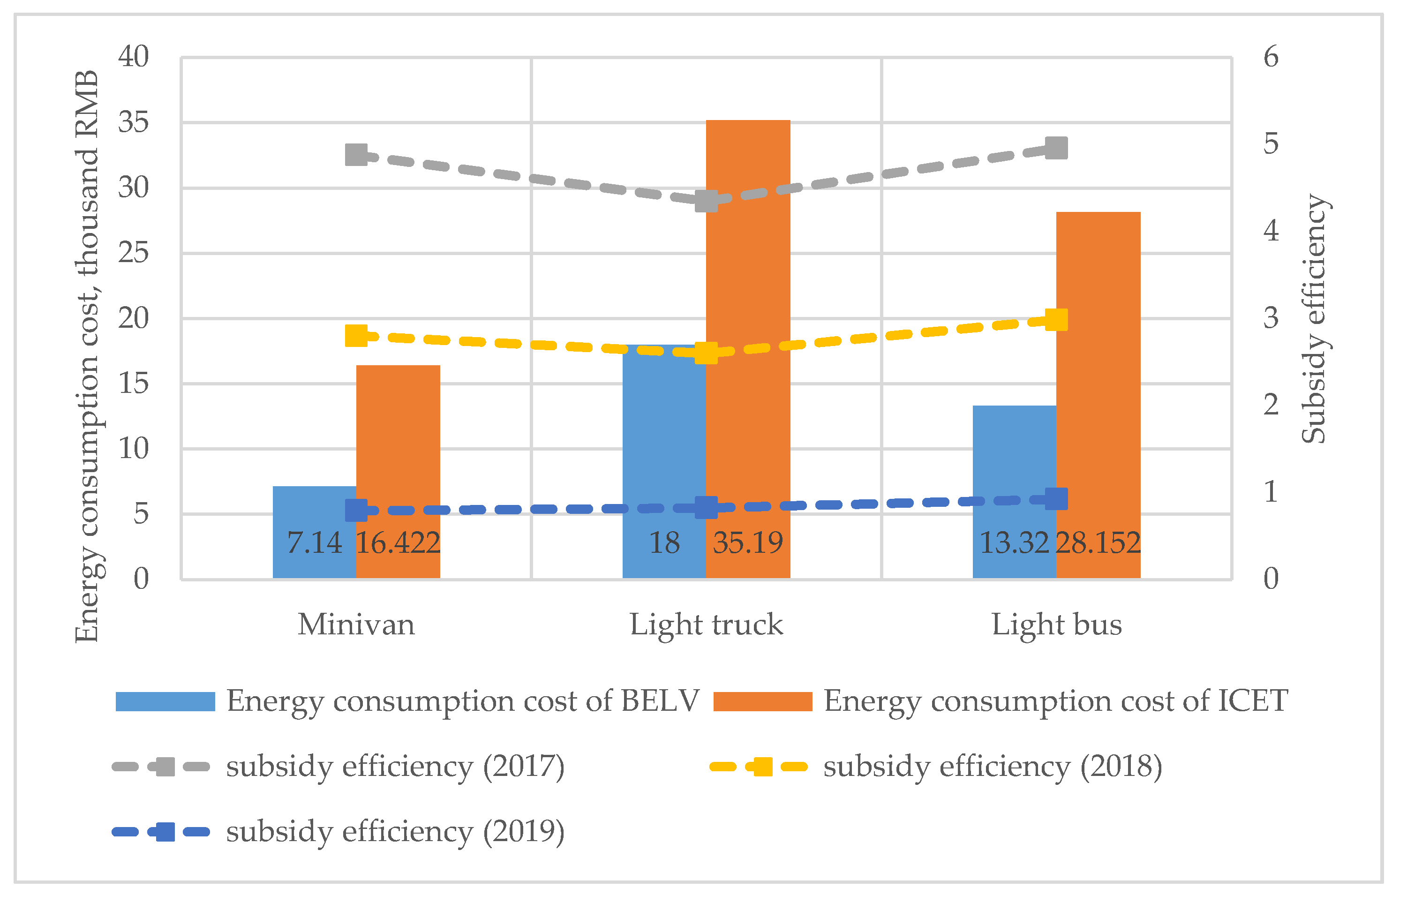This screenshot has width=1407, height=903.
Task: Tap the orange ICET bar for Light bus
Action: pyautogui.click(x=1098, y=352)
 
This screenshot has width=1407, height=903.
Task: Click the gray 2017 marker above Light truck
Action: pyautogui.click(x=707, y=201)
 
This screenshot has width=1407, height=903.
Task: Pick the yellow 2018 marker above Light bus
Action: pyautogui.click(x=1056, y=320)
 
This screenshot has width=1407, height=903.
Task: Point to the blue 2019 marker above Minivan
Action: pyautogui.click(x=356, y=510)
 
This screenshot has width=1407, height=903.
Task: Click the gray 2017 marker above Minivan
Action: pyautogui.click(x=356, y=155)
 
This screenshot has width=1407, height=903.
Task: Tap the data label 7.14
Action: pyautogui.click(x=314, y=543)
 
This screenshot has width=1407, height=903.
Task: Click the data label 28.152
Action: pyautogui.click(x=1098, y=543)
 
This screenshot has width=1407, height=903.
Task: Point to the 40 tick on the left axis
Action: pyautogui.click(x=134, y=57)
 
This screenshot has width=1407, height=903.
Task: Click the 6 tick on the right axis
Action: pyautogui.click(x=1271, y=57)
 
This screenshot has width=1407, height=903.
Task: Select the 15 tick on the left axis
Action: pyautogui.click(x=134, y=384)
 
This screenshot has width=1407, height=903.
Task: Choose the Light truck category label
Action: pyautogui.click(x=707, y=625)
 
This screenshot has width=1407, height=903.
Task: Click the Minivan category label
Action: pyautogui.click(x=356, y=625)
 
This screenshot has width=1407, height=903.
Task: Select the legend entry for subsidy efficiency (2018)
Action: pyautogui.click(x=993, y=767)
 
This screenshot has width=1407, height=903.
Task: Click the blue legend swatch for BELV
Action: pyautogui.click(x=166, y=701)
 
